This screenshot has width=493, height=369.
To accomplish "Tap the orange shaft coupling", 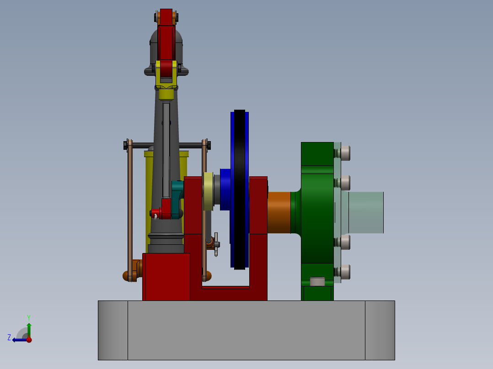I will click(x=279, y=212).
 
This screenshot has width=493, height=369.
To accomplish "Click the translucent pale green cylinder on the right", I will click(x=366, y=212).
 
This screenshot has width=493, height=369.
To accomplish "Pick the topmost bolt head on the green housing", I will click(x=345, y=153).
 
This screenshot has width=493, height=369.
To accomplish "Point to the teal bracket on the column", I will click(x=177, y=188).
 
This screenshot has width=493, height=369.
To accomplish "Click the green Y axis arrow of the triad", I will click(x=29, y=329).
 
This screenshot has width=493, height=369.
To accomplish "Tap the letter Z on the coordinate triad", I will click(x=9, y=337).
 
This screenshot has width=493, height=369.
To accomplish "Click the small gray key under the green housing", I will click(x=317, y=281).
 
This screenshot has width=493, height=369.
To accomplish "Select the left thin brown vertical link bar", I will click(x=130, y=210).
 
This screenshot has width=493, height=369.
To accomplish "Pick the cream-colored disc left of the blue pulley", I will click(x=209, y=191).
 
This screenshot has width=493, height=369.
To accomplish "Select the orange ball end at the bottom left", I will click(x=127, y=276).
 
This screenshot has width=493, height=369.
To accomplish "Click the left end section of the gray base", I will click(x=113, y=330).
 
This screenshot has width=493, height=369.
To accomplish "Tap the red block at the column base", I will click(x=166, y=276).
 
